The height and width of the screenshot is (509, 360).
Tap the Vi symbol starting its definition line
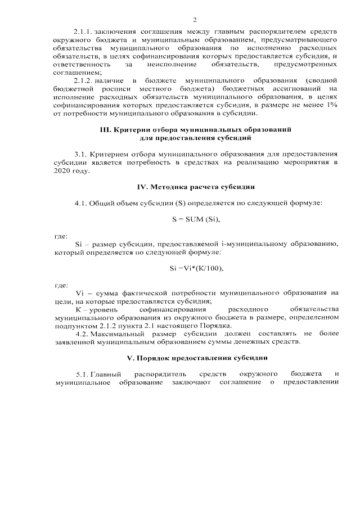pos(79,293)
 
